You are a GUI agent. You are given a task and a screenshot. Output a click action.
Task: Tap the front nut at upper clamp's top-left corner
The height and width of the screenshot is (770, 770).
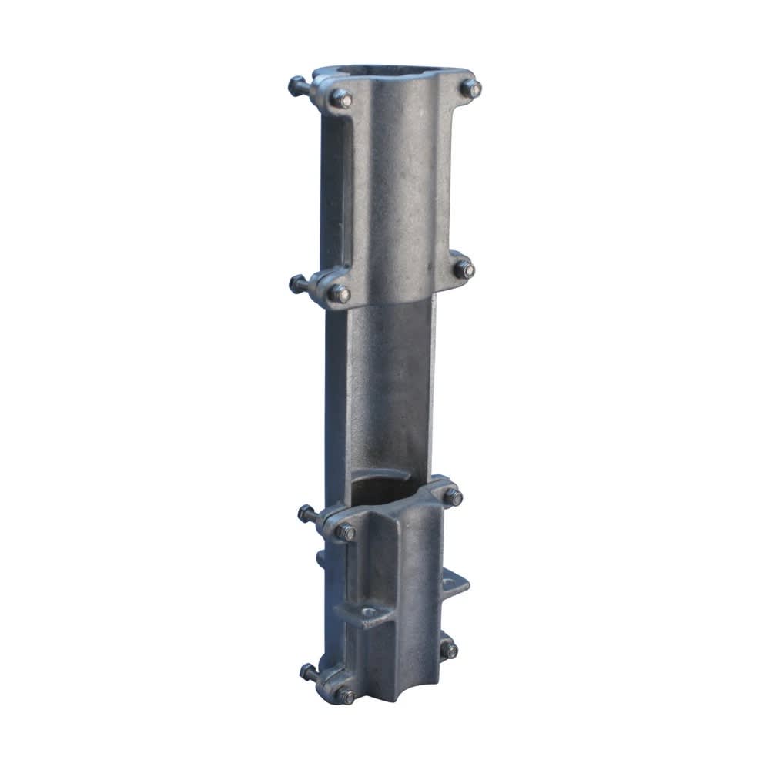pyautogui.click(x=340, y=98)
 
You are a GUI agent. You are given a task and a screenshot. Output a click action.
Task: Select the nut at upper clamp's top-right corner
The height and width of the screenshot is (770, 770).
pyautogui.click(x=470, y=88)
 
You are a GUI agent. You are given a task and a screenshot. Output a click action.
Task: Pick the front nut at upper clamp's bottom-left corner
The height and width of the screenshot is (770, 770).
pyautogui.click(x=339, y=293)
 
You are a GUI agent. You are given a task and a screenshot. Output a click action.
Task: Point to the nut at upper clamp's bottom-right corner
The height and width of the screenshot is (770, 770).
pyautogui.click(x=464, y=269)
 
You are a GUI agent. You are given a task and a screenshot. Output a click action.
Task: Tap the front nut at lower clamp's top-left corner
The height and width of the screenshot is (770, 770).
pyautogui.click(x=345, y=531)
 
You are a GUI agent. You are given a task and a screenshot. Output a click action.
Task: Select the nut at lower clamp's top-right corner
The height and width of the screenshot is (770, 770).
pyautogui.click(x=453, y=497)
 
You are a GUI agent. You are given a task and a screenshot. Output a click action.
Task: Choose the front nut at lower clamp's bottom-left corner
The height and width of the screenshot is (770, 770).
pyautogui.click(x=344, y=695)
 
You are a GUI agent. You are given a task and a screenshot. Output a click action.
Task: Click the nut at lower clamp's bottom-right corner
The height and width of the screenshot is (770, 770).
pyautogui.click(x=449, y=649)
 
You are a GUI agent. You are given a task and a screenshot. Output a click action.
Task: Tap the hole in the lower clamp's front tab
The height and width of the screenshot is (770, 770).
pyautogui.click(x=369, y=613)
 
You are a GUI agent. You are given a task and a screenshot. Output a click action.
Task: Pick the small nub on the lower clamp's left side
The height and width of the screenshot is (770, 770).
pyautogui.click(x=319, y=557)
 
